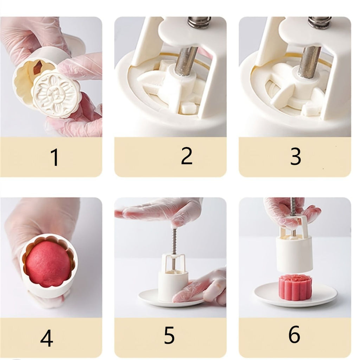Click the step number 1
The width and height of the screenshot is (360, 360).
[x=55, y=157]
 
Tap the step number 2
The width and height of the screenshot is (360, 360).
[x=186, y=156]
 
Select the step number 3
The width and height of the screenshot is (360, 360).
[x=295, y=156]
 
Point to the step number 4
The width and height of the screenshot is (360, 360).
[x=47, y=338]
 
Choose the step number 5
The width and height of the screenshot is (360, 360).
[x=169, y=335]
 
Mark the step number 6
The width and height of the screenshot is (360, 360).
[x=294, y=334]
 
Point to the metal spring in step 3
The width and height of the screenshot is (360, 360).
[x=320, y=22]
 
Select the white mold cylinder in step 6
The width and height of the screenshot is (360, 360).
[x=295, y=254]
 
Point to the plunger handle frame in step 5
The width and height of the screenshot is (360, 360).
[x=174, y=262]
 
